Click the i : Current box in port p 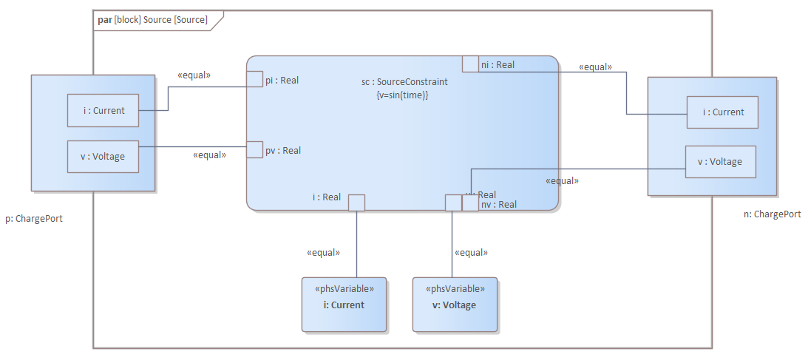tap(103, 111)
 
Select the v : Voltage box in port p tap(103, 157)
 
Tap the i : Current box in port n tap(722, 112)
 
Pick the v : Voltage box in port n tap(721, 162)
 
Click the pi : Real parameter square tap(254, 80)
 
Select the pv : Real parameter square tap(254, 149)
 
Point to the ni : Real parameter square tap(470, 64)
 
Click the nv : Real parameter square tap(470, 203)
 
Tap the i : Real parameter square tap(356, 203)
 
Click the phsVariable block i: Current tap(344, 305)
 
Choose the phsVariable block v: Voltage tap(455, 305)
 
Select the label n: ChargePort tap(772, 214)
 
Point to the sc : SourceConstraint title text tap(399, 82)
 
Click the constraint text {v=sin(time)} tap(402, 95)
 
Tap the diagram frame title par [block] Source tap(152, 20)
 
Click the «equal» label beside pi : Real tap(194, 75)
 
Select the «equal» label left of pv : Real tap(209, 155)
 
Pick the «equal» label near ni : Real tap(595, 67)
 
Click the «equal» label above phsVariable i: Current tap(323, 253)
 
